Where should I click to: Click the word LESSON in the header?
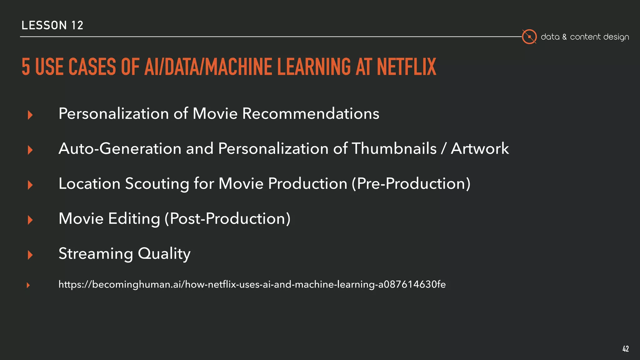click(44, 25)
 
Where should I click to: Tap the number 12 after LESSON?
click(77, 25)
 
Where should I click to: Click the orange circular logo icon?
click(529, 37)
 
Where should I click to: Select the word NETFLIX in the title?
click(406, 67)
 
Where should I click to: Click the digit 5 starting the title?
click(26, 67)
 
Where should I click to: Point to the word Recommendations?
click(311, 113)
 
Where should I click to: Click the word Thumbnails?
click(394, 148)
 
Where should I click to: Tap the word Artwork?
click(480, 148)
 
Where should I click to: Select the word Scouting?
click(157, 184)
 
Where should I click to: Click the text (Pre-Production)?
click(411, 183)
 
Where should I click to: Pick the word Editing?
click(134, 219)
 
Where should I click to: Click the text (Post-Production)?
click(227, 218)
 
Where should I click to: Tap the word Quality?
click(164, 253)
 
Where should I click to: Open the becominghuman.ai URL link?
click(252, 284)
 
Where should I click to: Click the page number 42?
click(625, 349)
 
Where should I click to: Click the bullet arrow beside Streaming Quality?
click(30, 255)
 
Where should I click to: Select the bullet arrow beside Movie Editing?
click(30, 220)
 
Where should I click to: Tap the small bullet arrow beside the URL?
click(28, 285)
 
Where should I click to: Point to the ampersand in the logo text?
click(564, 37)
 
